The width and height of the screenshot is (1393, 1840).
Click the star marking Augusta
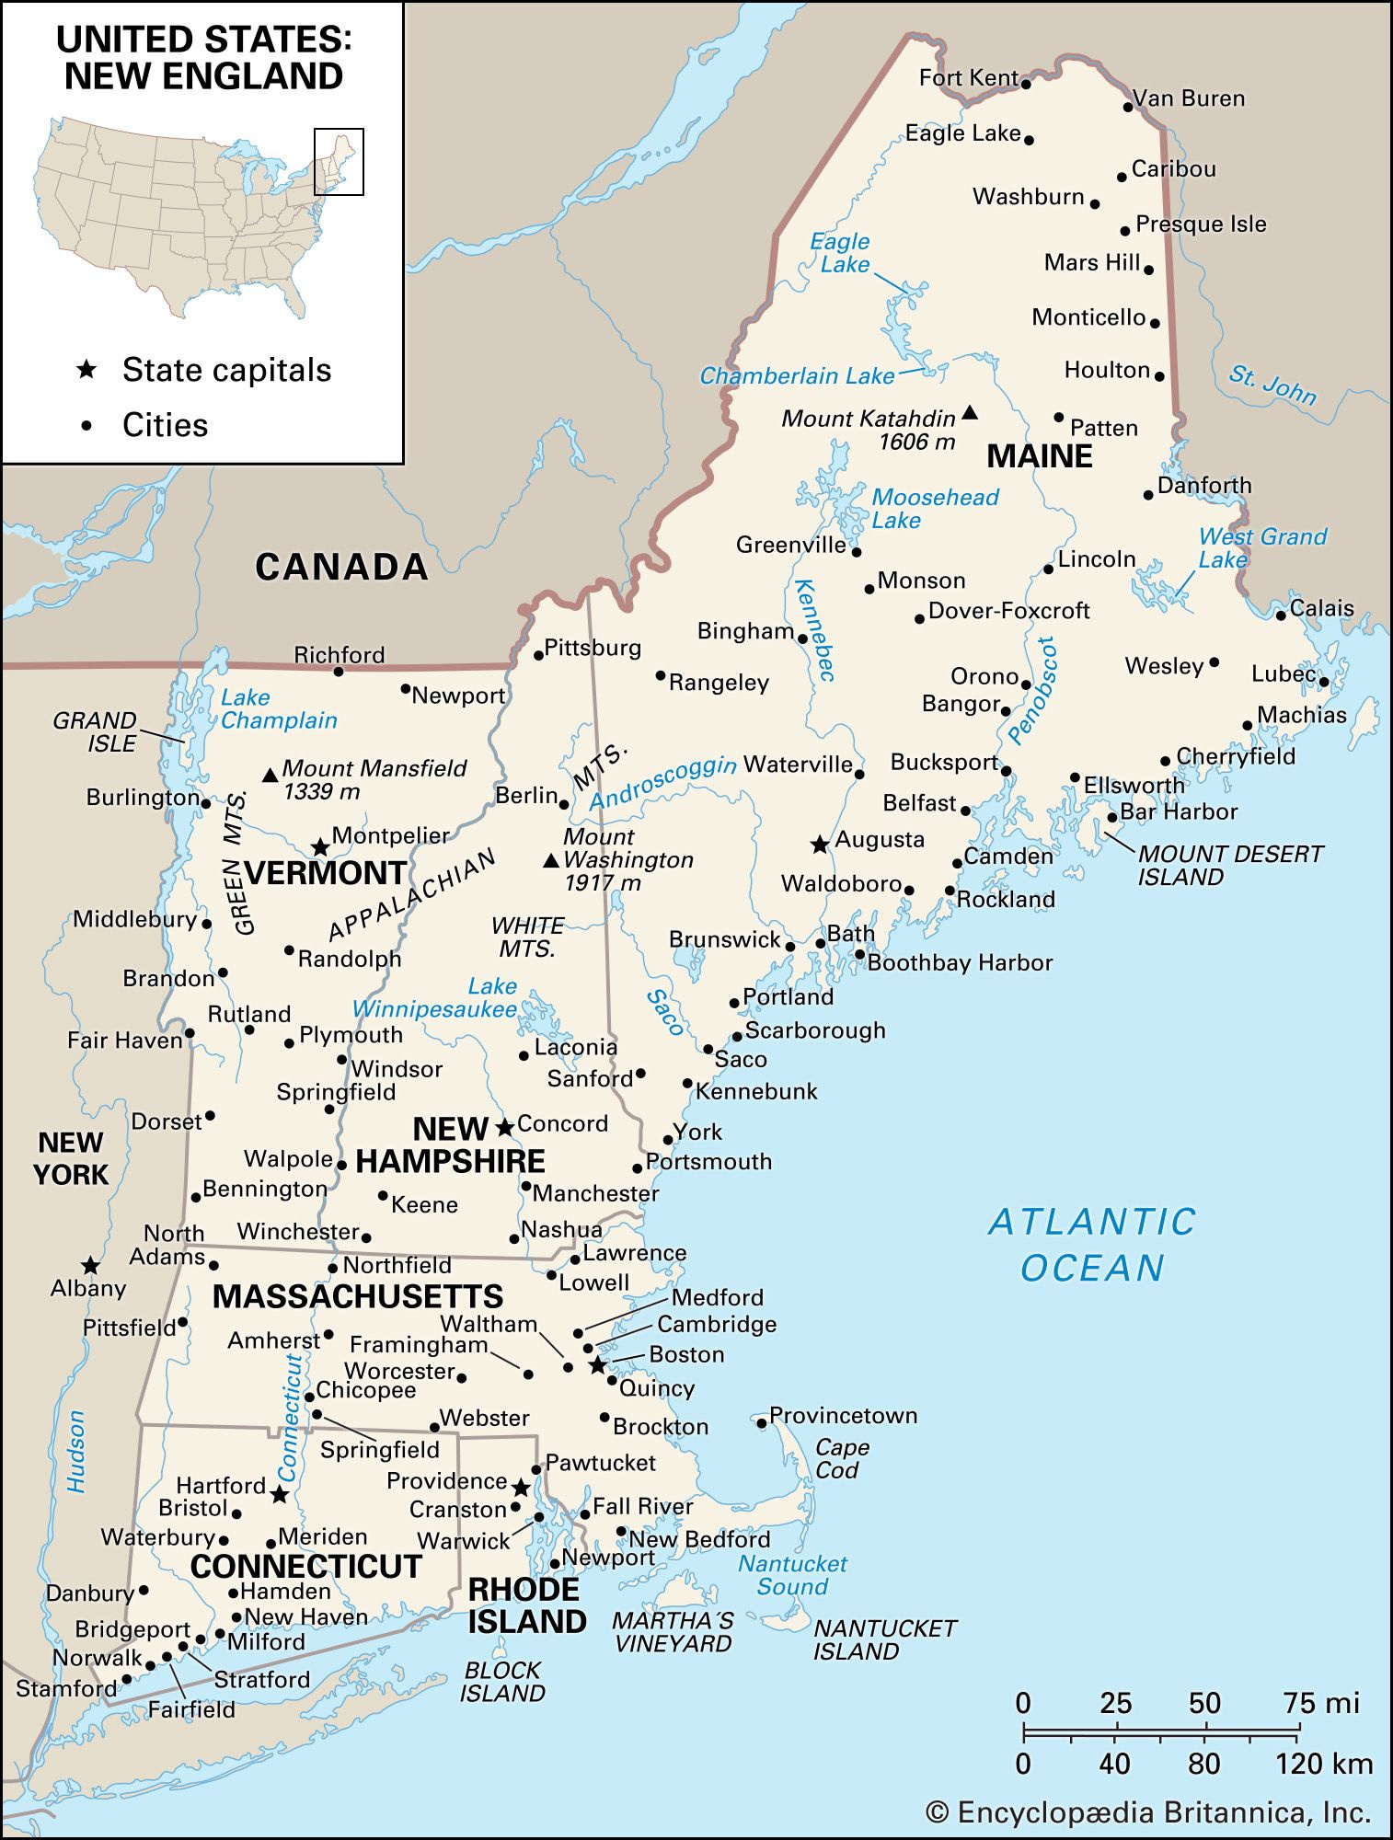click(x=819, y=844)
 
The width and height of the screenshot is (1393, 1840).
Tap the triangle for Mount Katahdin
click(x=970, y=413)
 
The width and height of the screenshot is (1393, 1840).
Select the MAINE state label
click(x=1039, y=456)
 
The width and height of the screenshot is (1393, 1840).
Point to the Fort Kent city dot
click(x=1026, y=84)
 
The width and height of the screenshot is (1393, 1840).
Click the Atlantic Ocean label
click(x=1092, y=1245)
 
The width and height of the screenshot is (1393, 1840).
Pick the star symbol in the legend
click(x=86, y=370)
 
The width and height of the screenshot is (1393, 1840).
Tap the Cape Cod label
click(x=841, y=1458)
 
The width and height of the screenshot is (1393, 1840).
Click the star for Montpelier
click(x=319, y=846)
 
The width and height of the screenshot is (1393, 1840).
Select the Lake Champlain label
click(x=278, y=709)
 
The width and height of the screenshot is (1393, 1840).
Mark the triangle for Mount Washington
click(x=551, y=861)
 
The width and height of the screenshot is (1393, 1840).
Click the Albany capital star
click(x=89, y=1265)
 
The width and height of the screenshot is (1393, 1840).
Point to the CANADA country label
click(x=341, y=567)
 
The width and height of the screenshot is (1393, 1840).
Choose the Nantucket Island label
click(x=884, y=1639)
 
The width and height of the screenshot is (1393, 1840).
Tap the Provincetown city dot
click(x=762, y=1423)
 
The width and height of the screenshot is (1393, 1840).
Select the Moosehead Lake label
click(x=934, y=509)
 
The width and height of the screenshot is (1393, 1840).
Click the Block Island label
click(x=502, y=1681)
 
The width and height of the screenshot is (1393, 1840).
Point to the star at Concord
click(x=504, y=1127)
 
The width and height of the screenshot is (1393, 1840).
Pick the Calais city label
click(x=1321, y=608)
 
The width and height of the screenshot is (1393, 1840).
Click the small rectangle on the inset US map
click(x=339, y=161)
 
